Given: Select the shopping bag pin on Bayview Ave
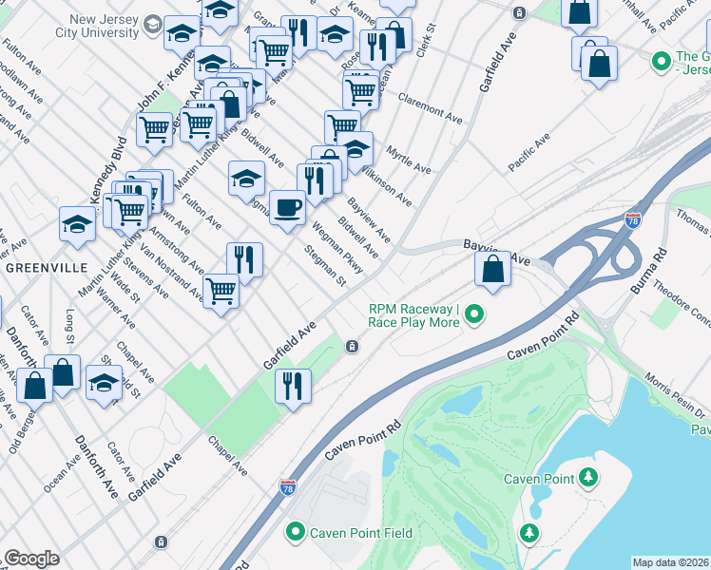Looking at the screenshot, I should click(492, 268).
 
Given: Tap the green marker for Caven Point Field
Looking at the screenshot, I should click(296, 532).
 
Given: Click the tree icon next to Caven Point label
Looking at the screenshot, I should click(590, 479).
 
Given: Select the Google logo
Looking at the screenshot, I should click(32, 559).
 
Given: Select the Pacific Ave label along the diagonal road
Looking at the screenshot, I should click(528, 152).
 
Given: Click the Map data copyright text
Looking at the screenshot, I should click(670, 562).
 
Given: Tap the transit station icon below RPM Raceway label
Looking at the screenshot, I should click(352, 347).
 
